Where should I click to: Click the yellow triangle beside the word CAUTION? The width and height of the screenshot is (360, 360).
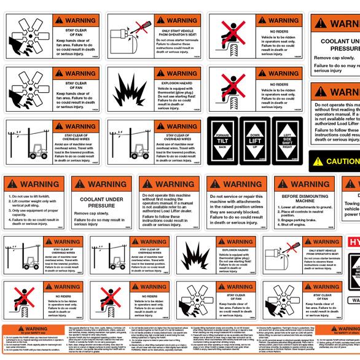[317, 162]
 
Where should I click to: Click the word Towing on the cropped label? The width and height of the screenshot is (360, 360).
[352, 202]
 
